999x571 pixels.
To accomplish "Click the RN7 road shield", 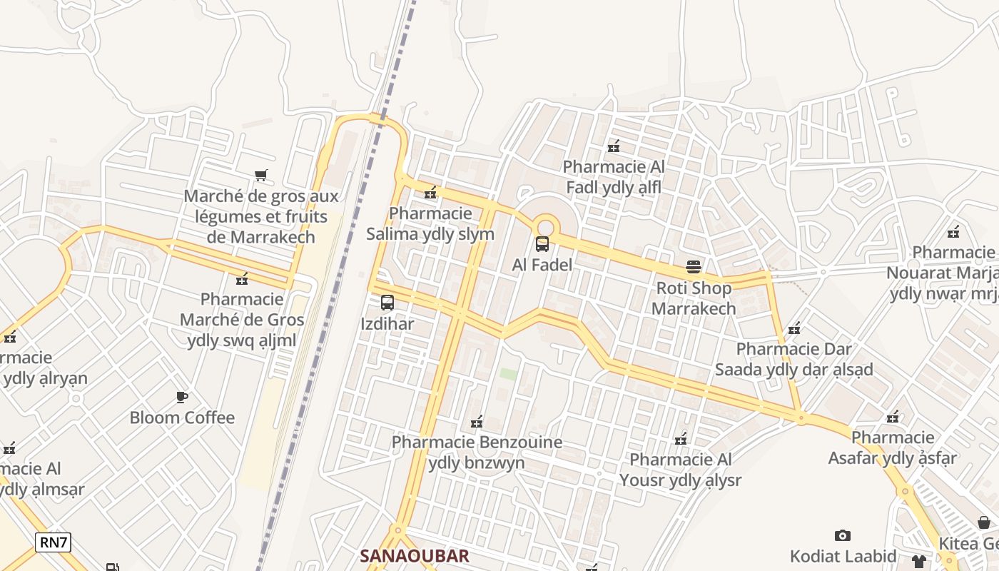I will tap(54, 542).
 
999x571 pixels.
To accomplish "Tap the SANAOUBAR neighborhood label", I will tap(415, 556).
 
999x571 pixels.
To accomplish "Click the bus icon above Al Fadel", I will tap(542, 244).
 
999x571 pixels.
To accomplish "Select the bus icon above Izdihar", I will tap(387, 303).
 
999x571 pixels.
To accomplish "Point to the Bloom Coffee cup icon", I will tap(182, 397).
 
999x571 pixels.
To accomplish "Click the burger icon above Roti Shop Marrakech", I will tap(694, 267).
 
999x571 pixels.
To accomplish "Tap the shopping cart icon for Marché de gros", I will tap(261, 175).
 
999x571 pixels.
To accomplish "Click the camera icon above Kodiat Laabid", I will tap(843, 535).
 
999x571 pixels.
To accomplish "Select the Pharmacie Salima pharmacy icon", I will tap(430, 193).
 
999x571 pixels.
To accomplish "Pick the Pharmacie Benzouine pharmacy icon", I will tap(477, 422).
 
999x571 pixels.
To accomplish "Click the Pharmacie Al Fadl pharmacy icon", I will tap(614, 147).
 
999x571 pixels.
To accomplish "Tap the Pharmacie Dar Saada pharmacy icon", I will tap(794, 329).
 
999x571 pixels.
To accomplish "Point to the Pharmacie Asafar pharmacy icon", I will tap(893, 417).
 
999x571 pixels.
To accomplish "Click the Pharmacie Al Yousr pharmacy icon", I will tap(681, 439).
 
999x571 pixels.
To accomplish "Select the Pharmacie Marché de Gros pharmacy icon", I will tap(242, 278).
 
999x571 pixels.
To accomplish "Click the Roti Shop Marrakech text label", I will tap(694, 298).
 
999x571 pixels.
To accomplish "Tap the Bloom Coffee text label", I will tap(182, 418).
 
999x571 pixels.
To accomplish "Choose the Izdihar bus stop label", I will tap(387, 324).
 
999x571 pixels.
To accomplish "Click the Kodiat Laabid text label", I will tap(843, 556).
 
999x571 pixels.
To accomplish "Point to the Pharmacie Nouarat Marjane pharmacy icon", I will tap(953, 232).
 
